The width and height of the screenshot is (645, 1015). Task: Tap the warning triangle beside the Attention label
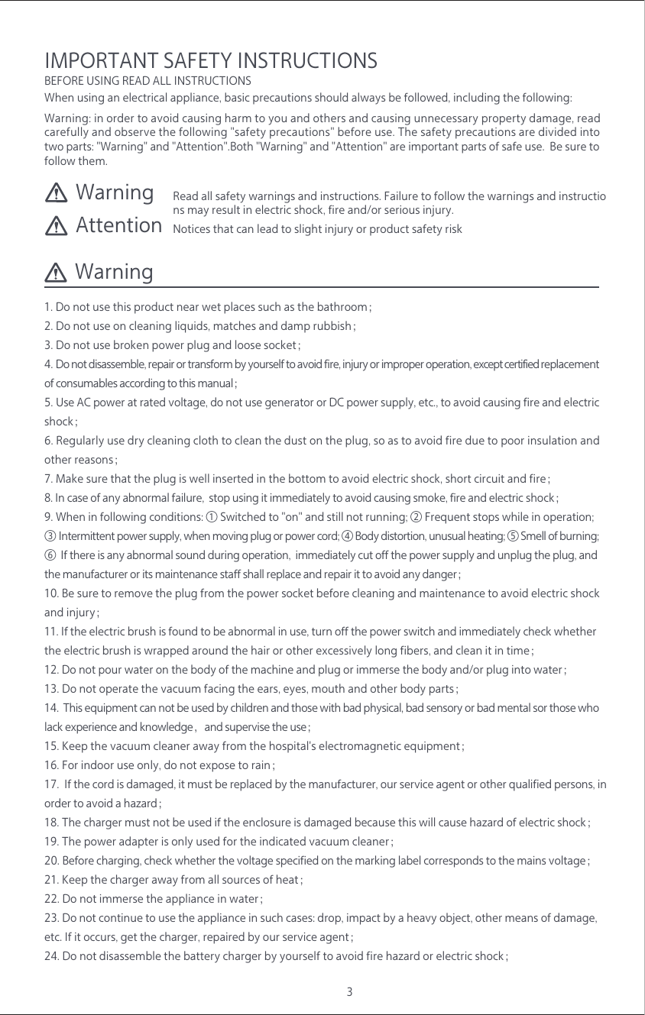pos(57,225)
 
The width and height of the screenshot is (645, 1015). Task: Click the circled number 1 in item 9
pos(212,518)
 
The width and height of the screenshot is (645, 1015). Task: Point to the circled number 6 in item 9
pos(50,555)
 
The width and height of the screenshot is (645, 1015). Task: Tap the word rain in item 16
pos(261,765)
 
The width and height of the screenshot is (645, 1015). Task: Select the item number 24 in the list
pos(51,956)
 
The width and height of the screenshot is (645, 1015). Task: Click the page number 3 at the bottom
pos(349,992)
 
